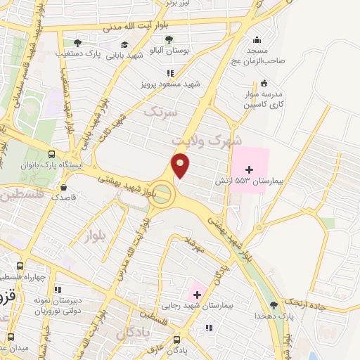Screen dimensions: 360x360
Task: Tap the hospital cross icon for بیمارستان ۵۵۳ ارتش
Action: point(249,169)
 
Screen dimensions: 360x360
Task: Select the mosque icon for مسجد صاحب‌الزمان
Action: point(256,39)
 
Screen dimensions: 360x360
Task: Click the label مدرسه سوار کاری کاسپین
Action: point(261,98)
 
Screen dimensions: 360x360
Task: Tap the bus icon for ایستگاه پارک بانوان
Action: point(51,154)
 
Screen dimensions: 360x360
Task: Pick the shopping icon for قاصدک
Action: point(64,188)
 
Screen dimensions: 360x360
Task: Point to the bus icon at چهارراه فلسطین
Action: point(20,266)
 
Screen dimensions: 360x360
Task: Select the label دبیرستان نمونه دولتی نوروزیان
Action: point(56,304)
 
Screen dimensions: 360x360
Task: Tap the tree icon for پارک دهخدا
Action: point(273,305)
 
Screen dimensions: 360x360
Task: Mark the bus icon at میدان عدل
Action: point(11,337)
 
